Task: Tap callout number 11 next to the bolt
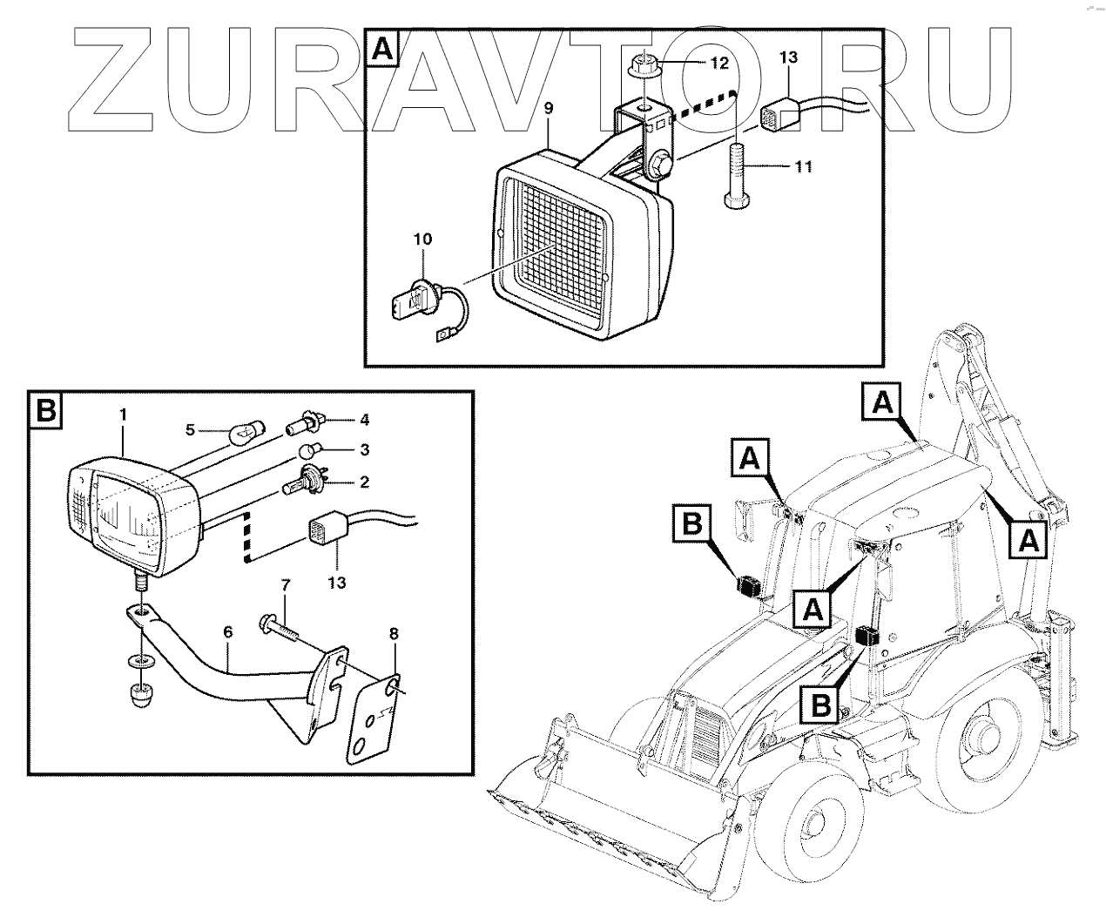802,166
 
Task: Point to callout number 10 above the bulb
422,239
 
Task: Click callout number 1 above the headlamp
122,416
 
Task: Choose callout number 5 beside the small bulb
192,428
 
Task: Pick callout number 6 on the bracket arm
227,636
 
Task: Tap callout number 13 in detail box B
336,581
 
